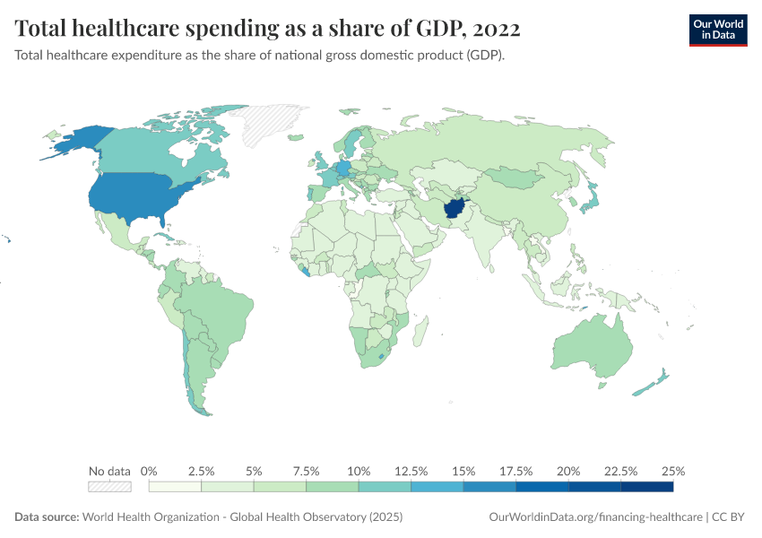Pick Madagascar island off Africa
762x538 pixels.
(419, 337)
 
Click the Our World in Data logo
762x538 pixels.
(717, 30)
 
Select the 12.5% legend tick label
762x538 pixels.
(411, 471)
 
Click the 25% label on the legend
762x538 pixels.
(673, 471)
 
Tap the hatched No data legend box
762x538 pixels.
(109, 487)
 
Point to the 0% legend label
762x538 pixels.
(150, 471)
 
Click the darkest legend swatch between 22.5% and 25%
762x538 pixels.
(646, 487)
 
